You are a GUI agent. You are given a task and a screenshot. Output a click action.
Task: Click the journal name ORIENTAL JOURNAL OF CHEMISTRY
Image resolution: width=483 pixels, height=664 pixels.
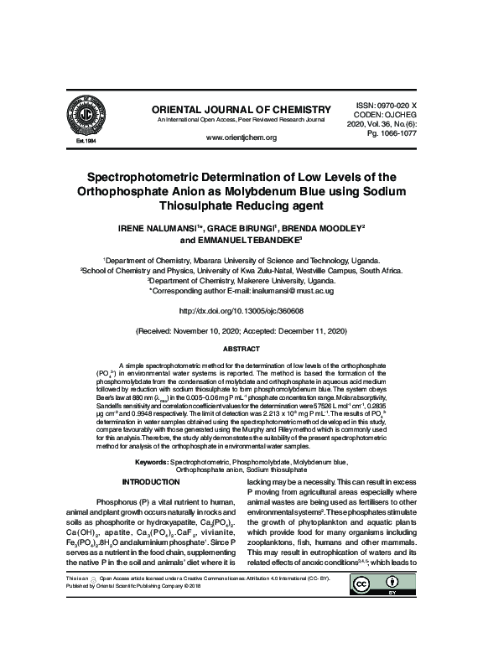tap(235, 110)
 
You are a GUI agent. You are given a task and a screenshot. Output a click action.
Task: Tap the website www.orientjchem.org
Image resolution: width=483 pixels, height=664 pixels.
tap(241, 137)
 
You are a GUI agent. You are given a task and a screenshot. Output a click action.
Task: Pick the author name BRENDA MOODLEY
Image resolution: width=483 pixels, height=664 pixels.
tap(325, 227)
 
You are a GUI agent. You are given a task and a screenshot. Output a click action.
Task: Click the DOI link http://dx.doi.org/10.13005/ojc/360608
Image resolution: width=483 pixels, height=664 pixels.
tap(241, 310)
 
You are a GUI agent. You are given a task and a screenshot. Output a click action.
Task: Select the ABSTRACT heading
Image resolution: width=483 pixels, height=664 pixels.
tap(241, 347)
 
